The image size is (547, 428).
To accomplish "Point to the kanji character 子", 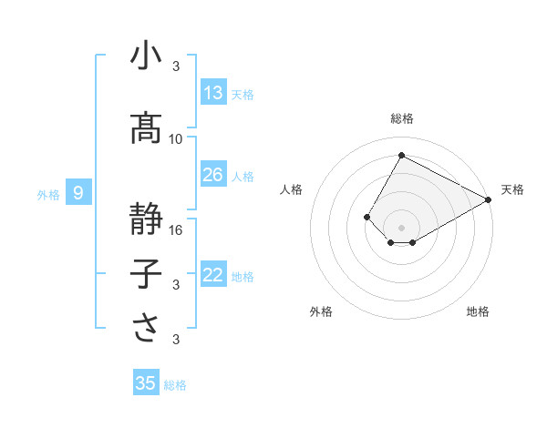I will (146, 274).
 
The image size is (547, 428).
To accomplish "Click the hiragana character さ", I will (146, 329).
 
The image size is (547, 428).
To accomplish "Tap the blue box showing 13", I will (213, 93).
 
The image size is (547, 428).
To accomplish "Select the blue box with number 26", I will (213, 175).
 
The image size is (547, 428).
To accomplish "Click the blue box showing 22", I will (213, 276).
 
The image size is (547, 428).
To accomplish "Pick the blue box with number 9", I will (79, 192).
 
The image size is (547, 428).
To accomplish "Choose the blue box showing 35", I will (146, 383).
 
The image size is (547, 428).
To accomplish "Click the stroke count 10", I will (176, 138).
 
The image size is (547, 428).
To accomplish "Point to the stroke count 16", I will (176, 229).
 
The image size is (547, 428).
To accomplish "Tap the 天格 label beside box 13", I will (243, 95).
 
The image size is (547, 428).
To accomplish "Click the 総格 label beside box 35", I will (175, 385).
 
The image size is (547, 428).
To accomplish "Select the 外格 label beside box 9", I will (48, 194).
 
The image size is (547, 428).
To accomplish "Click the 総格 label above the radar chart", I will (401, 118).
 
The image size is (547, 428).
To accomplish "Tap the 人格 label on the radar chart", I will (292, 189).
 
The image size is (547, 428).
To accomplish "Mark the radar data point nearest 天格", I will (489, 200).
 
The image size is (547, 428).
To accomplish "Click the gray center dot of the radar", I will (401, 227).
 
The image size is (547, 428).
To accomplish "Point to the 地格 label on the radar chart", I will (478, 311).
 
